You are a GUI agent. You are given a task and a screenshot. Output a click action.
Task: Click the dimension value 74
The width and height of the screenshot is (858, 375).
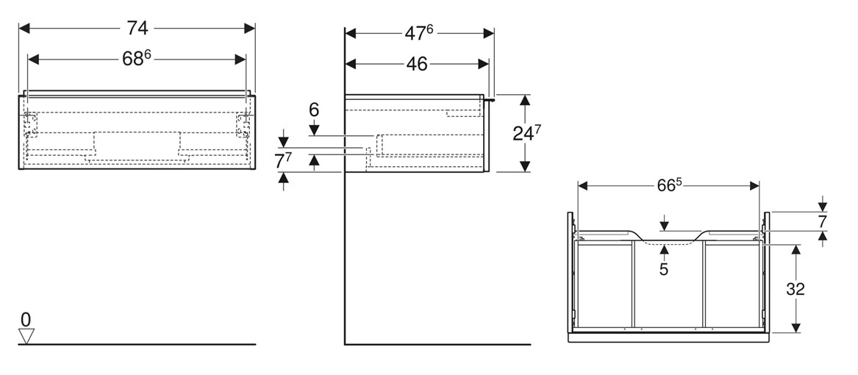coord(137,28)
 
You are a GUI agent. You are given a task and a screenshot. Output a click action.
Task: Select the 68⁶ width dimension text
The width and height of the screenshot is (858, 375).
coord(137,59)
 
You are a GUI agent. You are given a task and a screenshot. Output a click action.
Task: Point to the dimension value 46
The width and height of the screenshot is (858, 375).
coord(417,64)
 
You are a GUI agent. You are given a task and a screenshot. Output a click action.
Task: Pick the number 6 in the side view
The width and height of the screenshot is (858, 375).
coord(314,110)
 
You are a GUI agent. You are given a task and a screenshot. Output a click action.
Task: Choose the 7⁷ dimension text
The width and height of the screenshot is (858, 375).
coord(284,160)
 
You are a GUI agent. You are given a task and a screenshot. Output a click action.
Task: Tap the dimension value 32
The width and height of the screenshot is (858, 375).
coord(796,289)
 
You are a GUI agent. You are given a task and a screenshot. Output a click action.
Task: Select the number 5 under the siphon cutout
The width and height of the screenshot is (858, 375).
coord(664,270)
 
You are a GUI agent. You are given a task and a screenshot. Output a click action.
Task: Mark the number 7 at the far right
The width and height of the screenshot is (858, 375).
coord(822,221)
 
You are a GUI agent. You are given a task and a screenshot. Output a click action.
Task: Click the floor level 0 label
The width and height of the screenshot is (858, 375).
coord(26,320)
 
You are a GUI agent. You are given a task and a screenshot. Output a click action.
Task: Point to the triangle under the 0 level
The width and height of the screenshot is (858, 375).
coord(26,336)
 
